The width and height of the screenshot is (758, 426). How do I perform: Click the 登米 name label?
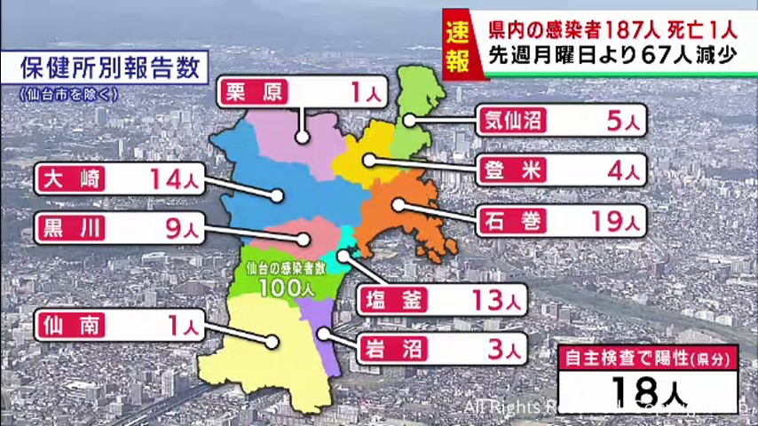tap(511, 170)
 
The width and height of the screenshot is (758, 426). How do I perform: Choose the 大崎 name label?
tap(70, 179)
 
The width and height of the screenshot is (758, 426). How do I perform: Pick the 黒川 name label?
tap(70, 228)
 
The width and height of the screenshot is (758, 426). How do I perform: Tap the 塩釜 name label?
tap(391, 299)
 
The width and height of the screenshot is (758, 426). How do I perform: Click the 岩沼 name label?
tap(391, 349)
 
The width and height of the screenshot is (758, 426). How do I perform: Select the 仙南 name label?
tap(70, 326)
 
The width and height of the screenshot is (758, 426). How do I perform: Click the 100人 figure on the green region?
tap(287, 287)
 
